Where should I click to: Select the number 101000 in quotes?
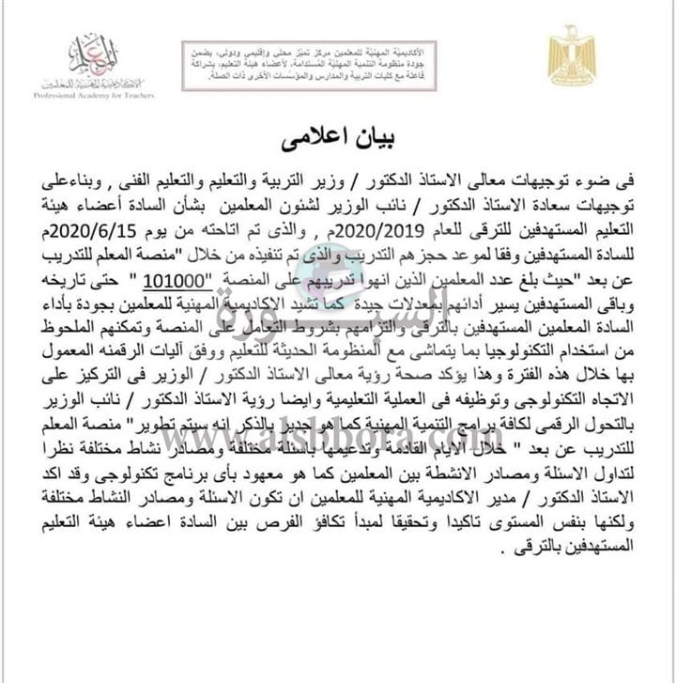(x=223, y=277)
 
